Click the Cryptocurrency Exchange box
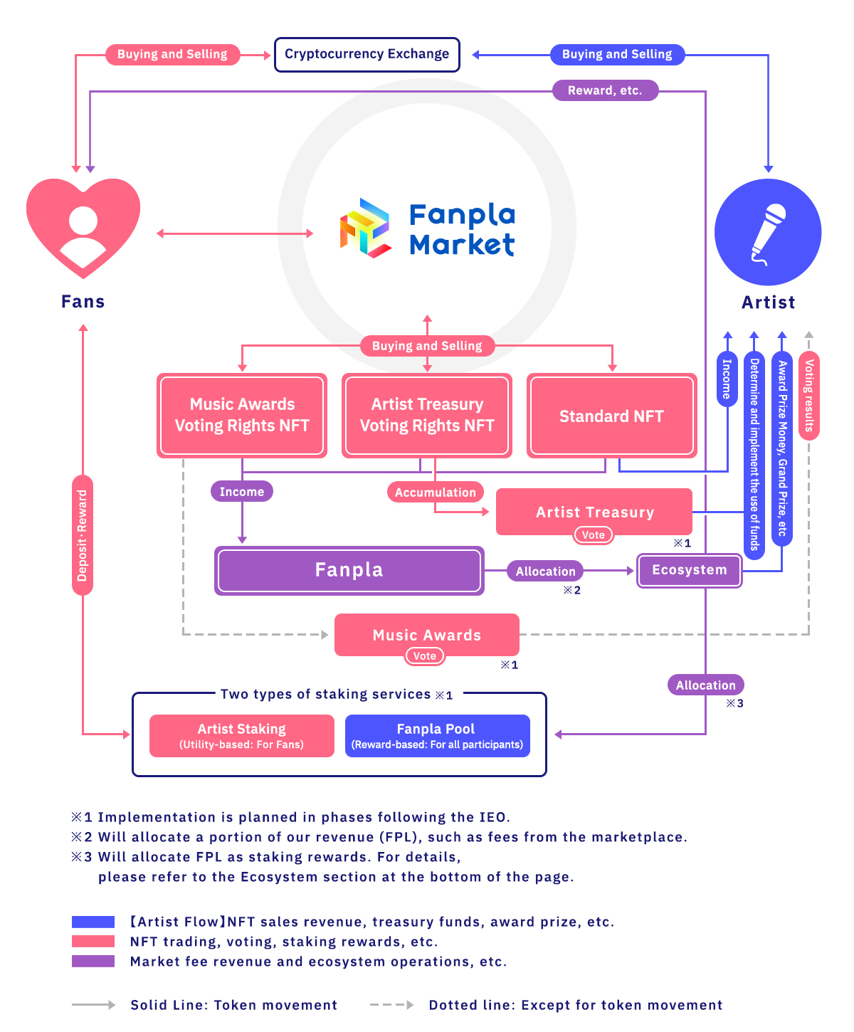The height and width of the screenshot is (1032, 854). coord(367,55)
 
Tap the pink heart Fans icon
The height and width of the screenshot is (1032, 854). coord(83,226)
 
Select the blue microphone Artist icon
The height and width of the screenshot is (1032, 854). coord(768,232)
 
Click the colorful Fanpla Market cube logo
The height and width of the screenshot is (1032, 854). coord(365,228)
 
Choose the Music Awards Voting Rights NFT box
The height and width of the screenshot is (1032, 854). coord(242,416)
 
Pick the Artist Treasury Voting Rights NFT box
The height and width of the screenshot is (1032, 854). coord(427,416)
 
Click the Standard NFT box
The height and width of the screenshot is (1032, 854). coord(611,416)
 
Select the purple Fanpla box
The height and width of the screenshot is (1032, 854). coord(349,570)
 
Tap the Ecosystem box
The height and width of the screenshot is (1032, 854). coord(689,570)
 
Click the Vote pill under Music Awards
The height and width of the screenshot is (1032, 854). coord(425,656)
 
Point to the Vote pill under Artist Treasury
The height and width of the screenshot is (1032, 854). coord(594,535)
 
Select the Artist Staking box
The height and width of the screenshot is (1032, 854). coord(242,736)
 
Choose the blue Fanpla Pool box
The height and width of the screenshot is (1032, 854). coord(437,736)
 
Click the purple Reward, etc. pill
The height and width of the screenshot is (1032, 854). coord(605,90)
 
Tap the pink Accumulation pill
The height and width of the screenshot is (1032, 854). coord(436,493)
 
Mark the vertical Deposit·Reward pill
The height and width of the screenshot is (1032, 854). coord(83,535)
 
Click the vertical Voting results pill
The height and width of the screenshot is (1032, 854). coord(809,396)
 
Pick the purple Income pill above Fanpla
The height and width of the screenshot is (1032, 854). coord(242,492)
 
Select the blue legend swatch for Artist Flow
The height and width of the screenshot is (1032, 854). coord(93,922)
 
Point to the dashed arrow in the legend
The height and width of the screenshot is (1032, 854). coord(391,1005)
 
